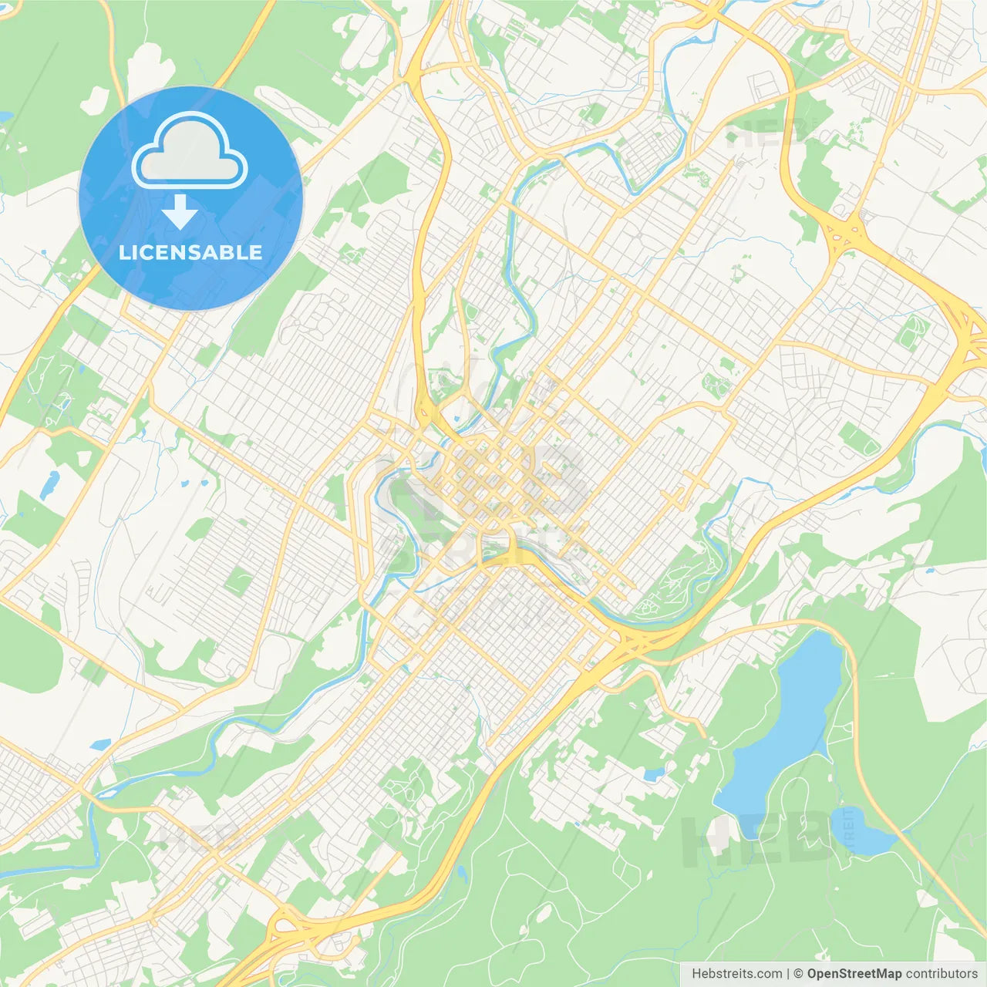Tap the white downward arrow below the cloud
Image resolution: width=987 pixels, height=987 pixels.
pos(180,212)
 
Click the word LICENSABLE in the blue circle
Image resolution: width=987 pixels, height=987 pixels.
pos(190,252)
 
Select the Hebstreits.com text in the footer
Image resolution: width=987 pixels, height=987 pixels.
pos(736,974)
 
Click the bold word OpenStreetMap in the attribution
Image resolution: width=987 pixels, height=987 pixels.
pos(854,974)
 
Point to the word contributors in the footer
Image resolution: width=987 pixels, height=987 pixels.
pos(942,974)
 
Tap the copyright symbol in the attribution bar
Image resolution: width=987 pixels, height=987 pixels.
pos(798,974)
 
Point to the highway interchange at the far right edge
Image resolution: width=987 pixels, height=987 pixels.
pos(968,339)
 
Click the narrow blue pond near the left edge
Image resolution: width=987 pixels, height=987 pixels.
pos(49,484)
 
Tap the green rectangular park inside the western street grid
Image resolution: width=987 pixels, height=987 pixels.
pos(238,581)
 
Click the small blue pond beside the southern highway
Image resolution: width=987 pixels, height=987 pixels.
pos(460,874)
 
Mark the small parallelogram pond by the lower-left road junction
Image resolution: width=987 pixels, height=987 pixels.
pos(100,745)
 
